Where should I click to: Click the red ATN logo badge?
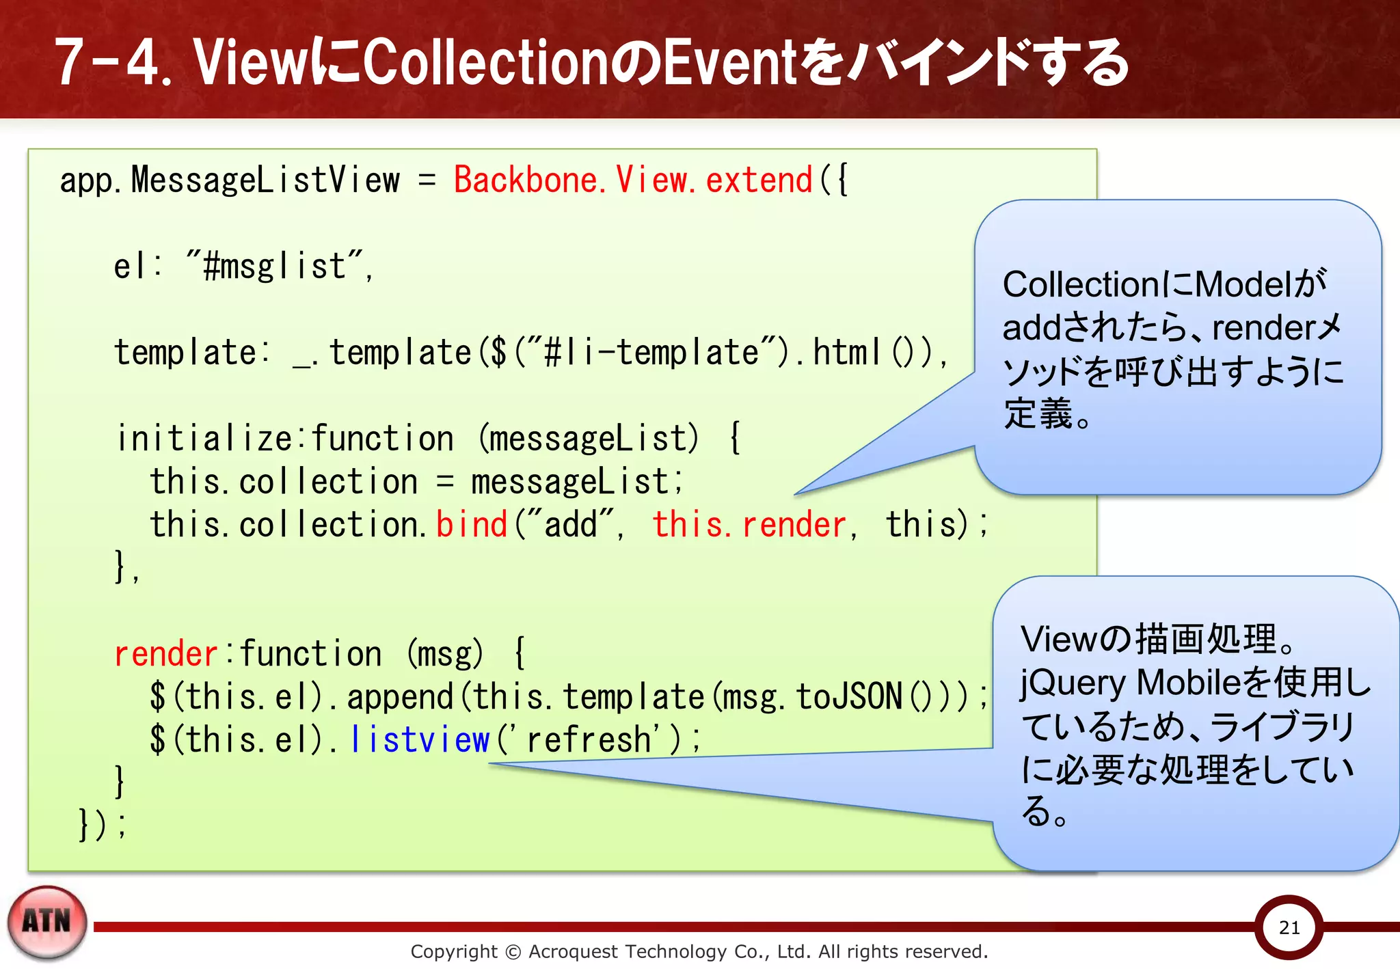pyautogui.click(x=46, y=922)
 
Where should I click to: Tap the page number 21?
pyautogui.click(x=1289, y=927)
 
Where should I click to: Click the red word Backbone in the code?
pyautogui.click(x=524, y=180)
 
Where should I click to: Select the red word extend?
pyautogui.click(x=759, y=180)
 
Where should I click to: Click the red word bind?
pyautogui.click(x=472, y=525)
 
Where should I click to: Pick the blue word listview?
pyautogui.click(x=420, y=740)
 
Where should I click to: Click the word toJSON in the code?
pyautogui.click(x=850, y=697)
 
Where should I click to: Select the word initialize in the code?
pyautogui.click(x=204, y=439)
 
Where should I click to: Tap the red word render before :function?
pyautogui.click(x=165, y=654)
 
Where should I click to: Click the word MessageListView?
pyautogui.click(x=265, y=180)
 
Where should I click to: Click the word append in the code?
pyautogui.click(x=400, y=697)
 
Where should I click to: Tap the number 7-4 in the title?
pyautogui.click(x=109, y=62)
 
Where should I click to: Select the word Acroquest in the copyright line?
pyautogui.click(x=573, y=951)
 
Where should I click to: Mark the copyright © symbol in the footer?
pyautogui.click(x=513, y=952)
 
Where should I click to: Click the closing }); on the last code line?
pyautogui.click(x=103, y=825)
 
